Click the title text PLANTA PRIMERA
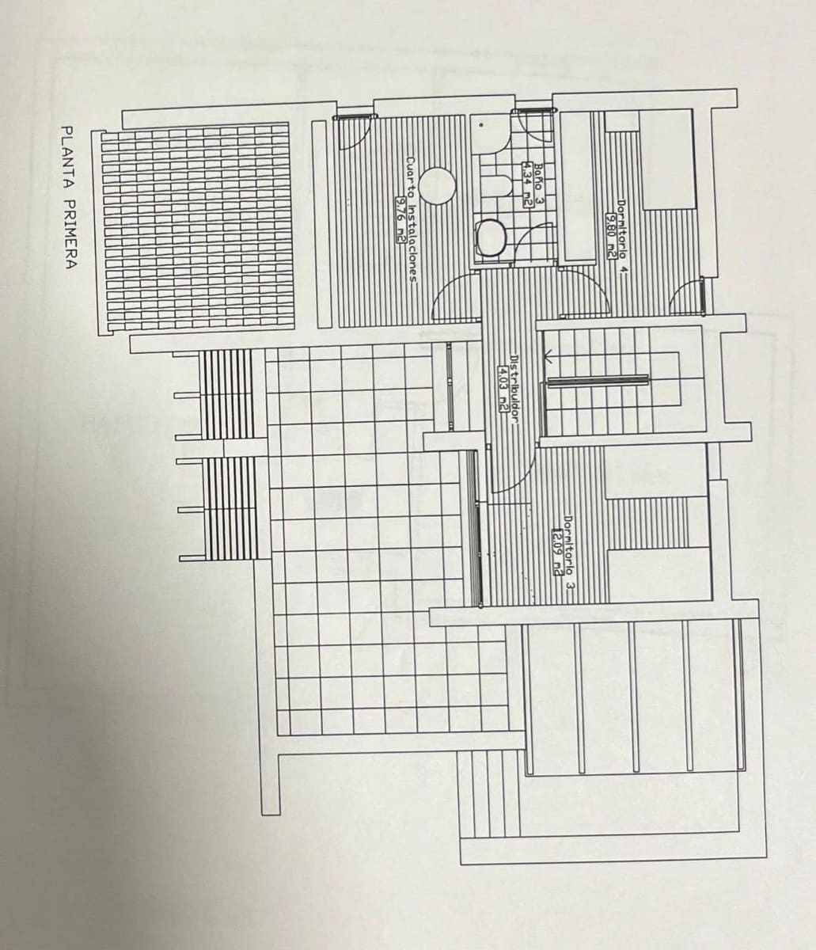pyautogui.click(x=68, y=197)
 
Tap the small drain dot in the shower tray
pyautogui.click(x=480, y=125)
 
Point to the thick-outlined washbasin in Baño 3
pyautogui.click(x=491, y=237)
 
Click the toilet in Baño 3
pyautogui.click(x=497, y=185)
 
